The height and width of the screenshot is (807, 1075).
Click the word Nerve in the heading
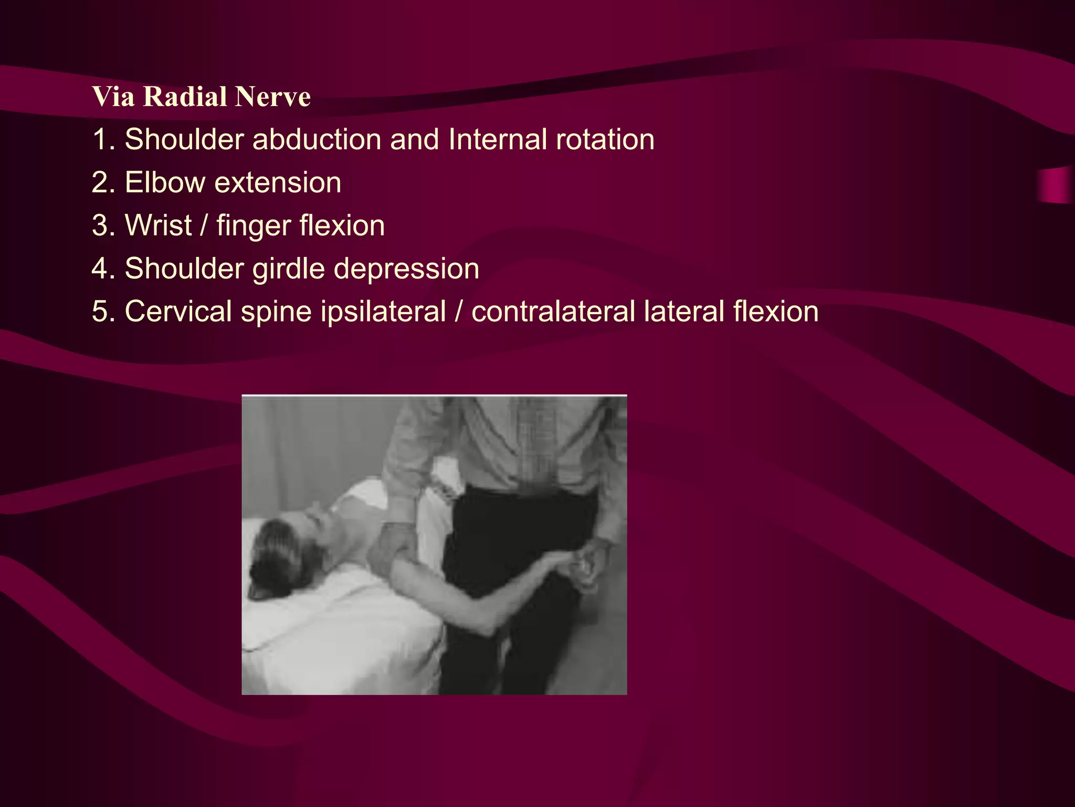coord(272,97)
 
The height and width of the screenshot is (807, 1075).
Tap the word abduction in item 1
coord(317,140)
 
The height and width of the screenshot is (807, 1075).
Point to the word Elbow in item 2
coord(165,183)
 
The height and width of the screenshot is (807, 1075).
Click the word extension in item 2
coord(278,183)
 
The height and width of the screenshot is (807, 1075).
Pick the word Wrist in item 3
coord(158,226)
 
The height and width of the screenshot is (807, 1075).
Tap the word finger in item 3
coord(253,226)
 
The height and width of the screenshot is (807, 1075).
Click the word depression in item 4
coord(406,269)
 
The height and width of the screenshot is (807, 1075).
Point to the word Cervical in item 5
coord(178,312)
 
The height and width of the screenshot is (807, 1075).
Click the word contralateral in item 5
coord(553,312)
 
